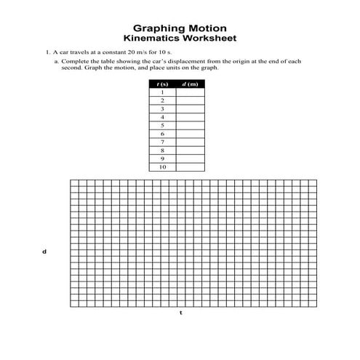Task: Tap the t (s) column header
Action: (x=162, y=84)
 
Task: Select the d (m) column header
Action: (x=190, y=84)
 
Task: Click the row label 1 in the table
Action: (x=162, y=92)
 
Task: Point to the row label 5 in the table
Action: (x=162, y=126)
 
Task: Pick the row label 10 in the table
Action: (x=162, y=167)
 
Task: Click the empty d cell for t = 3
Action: (x=190, y=109)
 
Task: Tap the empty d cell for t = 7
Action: (x=190, y=143)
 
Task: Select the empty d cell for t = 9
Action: (x=190, y=159)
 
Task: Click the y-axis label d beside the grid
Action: (x=44, y=252)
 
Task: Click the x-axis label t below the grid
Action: (x=180, y=313)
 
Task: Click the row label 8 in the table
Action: (x=162, y=151)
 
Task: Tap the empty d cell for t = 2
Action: (x=190, y=101)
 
